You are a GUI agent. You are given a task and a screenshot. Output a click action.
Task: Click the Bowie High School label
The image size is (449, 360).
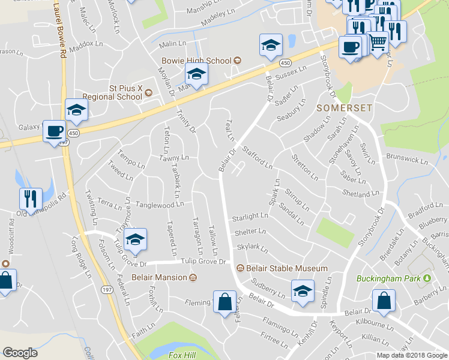[x=196, y=61]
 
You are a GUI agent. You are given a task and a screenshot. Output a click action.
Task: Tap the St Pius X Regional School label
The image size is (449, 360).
[x=125, y=92]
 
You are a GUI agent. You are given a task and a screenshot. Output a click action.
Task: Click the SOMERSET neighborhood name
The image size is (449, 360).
[x=344, y=107]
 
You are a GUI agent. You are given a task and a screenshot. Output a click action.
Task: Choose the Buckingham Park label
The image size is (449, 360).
[x=389, y=278]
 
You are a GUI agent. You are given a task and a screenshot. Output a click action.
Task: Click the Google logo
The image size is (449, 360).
[x=21, y=353]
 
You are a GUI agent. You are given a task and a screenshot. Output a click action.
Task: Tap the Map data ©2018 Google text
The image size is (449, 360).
[x=412, y=355]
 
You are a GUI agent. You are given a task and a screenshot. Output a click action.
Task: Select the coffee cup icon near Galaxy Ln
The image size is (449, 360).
[x=55, y=131]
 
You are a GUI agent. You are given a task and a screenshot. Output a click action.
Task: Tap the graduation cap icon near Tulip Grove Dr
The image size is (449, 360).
[x=136, y=239]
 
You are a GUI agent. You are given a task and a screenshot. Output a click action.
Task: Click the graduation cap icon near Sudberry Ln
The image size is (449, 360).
[x=303, y=291]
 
